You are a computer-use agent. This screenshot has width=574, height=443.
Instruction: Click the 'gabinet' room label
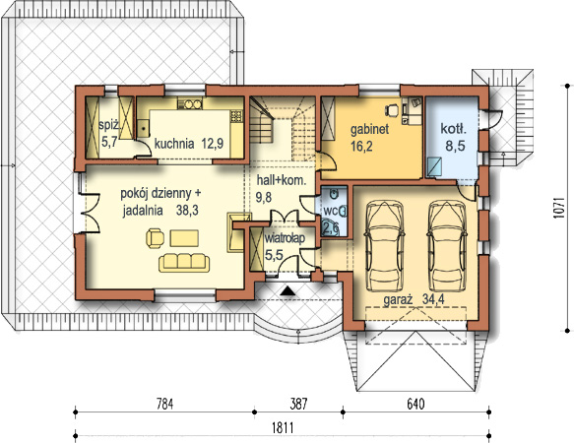(370, 130)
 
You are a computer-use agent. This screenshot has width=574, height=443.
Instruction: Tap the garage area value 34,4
(433, 299)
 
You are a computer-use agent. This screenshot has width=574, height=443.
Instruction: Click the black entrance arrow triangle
(288, 290)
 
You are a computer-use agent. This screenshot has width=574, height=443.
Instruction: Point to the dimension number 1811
(283, 427)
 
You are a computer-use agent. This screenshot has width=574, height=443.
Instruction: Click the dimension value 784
(164, 405)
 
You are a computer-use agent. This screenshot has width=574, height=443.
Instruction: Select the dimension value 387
(298, 405)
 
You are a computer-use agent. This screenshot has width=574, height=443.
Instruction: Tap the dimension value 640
(415, 405)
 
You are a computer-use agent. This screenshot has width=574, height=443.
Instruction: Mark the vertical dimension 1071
(557, 208)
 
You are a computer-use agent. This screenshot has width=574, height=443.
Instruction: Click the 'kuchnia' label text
(174, 144)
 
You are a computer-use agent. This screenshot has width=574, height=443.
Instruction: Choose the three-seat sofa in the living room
(184, 262)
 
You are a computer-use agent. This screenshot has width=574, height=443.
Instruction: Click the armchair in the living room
(156, 238)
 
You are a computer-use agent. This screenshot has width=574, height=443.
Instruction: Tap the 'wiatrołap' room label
(285, 238)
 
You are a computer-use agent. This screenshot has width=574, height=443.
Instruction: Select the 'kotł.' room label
(453, 129)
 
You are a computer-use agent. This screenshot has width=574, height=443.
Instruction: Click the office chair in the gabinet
(392, 110)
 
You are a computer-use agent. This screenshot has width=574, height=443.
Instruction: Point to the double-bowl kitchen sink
(190, 104)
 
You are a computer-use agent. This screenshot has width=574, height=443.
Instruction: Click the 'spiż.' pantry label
(109, 126)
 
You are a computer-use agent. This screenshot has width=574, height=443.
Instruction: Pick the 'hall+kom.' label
(282, 180)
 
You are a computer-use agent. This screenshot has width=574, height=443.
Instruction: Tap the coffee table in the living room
(184, 238)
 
